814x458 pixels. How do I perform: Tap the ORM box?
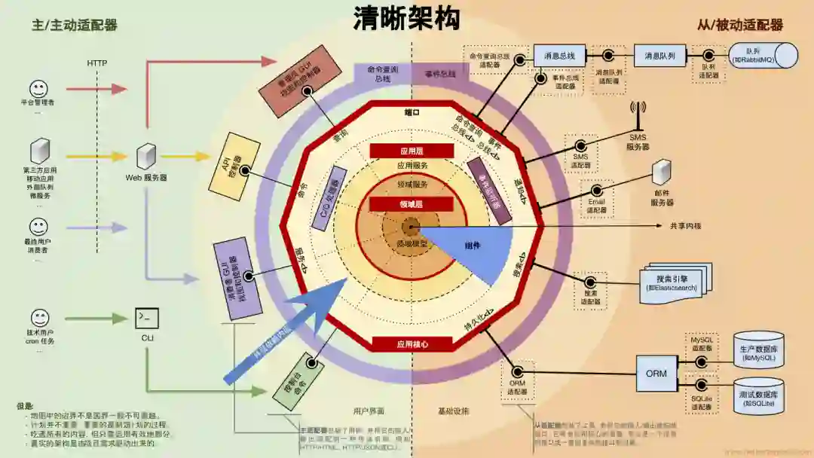[656, 373]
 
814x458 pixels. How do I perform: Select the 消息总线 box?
[559, 56]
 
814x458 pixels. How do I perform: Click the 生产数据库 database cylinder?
[759, 350]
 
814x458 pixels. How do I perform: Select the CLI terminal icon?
[147, 318]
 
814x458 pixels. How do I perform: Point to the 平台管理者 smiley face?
[38, 88]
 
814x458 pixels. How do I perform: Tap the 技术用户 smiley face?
[39, 318]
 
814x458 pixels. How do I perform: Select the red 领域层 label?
[412, 203]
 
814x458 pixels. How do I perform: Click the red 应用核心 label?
[412, 344]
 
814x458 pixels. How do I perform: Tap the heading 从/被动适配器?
[740, 25]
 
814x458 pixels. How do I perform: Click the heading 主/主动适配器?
[75, 25]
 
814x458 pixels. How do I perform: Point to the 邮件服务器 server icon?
[662, 173]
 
